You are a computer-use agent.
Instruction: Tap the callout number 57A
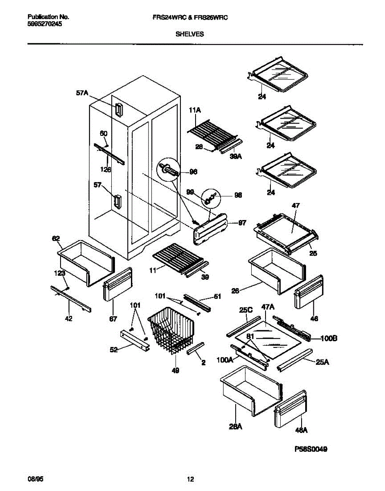tap(82, 93)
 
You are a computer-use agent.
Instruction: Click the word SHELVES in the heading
tap(189, 35)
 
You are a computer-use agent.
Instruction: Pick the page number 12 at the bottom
tap(190, 479)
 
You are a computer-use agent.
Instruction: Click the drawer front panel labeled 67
tap(117, 285)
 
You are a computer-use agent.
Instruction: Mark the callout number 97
tap(242, 223)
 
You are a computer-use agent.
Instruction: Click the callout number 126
tap(106, 169)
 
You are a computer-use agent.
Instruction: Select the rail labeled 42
tap(70, 298)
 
